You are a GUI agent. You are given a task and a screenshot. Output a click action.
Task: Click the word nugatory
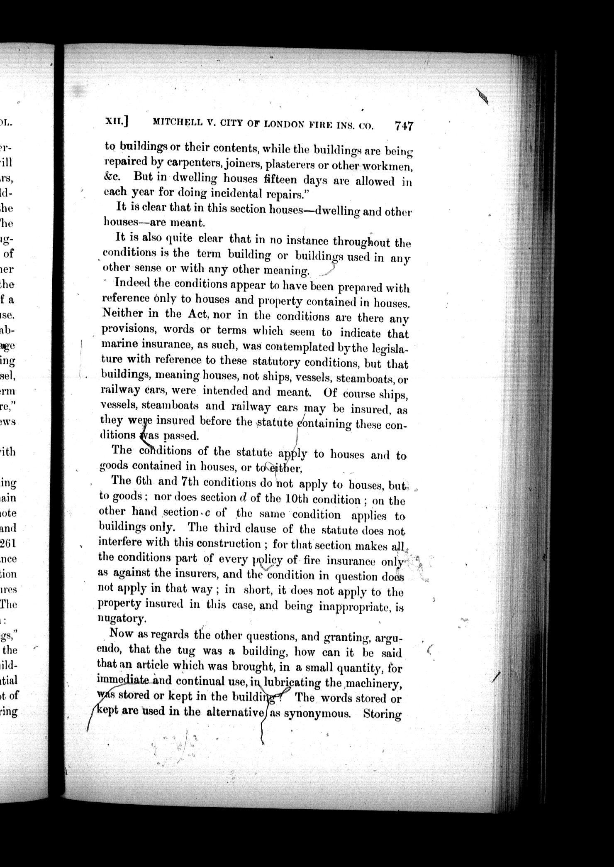coord(122,618)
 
